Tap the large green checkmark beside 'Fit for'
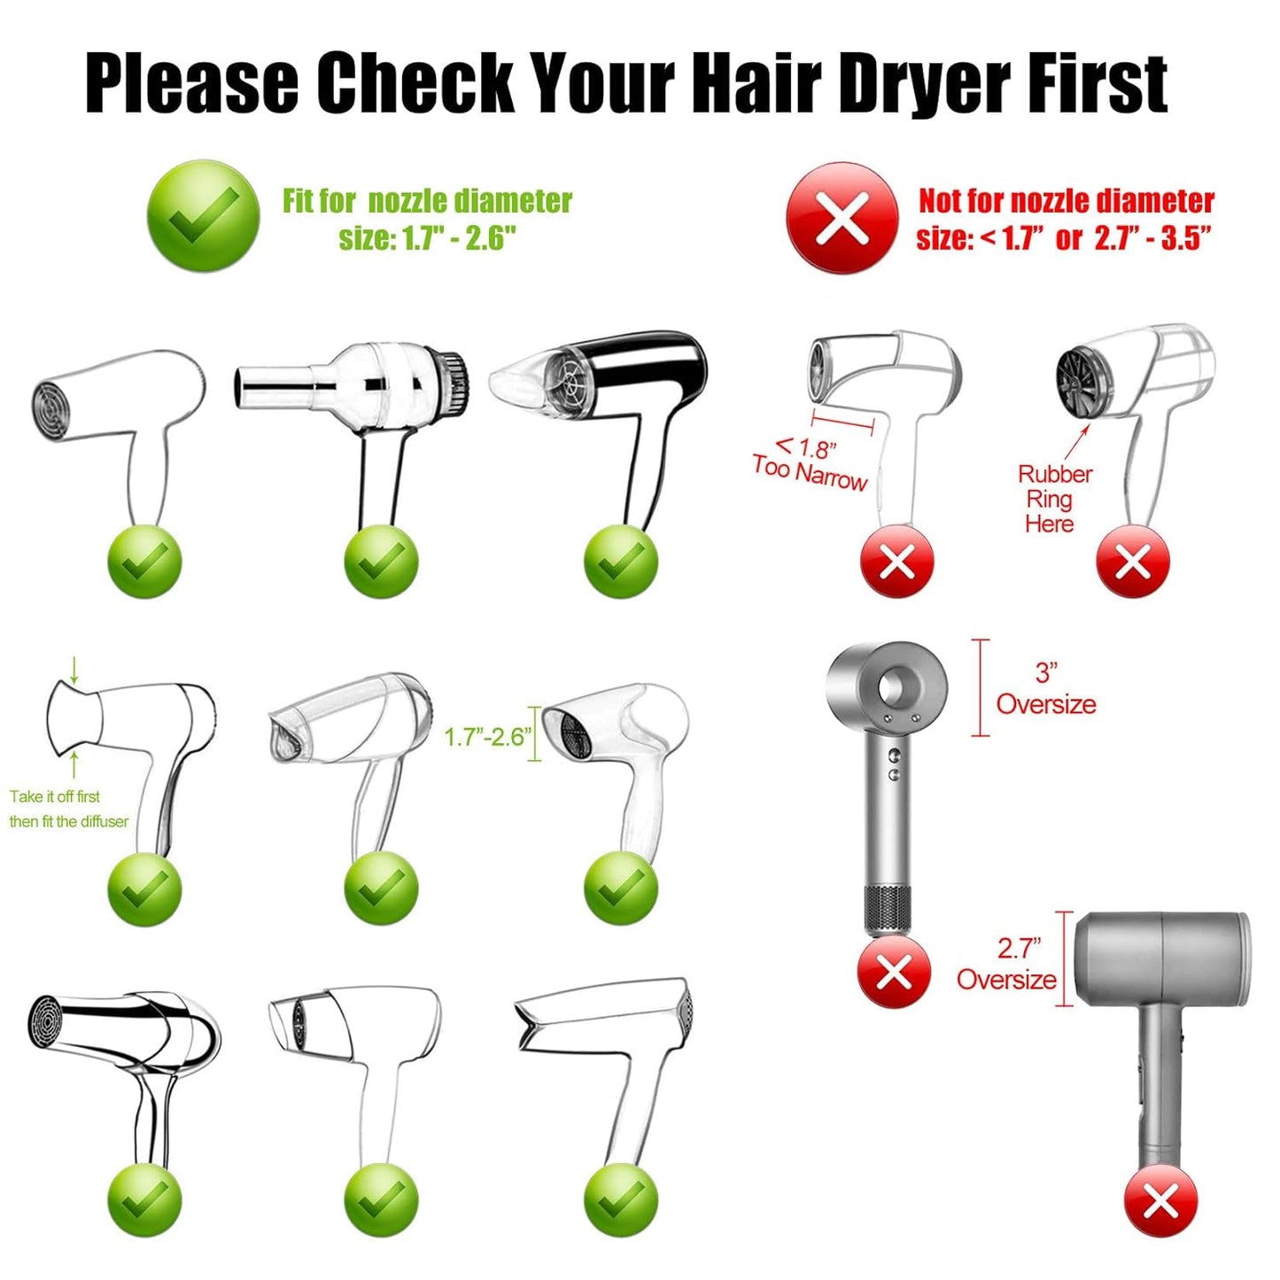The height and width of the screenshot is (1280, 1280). [203, 215]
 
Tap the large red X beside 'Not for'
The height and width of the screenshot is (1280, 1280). [842, 218]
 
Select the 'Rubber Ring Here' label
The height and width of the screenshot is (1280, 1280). [1053, 499]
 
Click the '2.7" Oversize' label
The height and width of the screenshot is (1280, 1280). [1007, 964]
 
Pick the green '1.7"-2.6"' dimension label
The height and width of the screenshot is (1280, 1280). [487, 736]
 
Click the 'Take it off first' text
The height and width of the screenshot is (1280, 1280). [55, 796]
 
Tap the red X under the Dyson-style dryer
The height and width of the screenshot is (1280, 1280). [894, 972]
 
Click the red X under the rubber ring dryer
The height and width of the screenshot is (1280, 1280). [1132, 562]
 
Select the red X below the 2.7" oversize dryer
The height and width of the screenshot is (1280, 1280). [1160, 1201]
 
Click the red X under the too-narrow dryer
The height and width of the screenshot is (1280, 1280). [896, 562]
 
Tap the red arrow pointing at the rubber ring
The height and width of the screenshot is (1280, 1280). [1079, 441]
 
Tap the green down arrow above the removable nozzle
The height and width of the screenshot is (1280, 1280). [74, 670]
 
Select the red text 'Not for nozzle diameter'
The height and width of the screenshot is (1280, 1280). [1066, 201]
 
